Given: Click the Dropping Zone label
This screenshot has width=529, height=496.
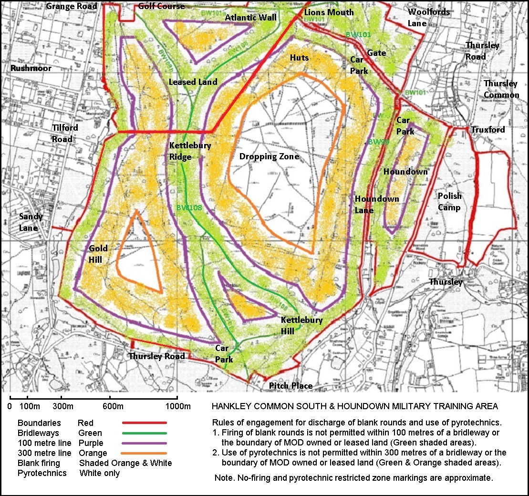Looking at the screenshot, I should click(269, 156).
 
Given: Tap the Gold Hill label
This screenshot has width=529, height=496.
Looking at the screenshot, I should click(98, 254).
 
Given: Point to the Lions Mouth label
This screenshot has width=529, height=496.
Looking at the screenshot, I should click(329, 12).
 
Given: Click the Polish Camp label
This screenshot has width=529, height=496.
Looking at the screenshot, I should click(449, 202).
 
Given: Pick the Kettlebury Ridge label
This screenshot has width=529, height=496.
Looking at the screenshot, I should click(190, 151).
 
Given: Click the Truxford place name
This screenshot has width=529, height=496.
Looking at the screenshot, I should click(488, 130).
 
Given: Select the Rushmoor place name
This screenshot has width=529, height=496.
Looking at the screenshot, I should click(31, 68).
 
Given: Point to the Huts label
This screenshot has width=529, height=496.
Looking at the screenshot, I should click(299, 58).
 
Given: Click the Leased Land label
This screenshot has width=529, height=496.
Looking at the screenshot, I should click(193, 82).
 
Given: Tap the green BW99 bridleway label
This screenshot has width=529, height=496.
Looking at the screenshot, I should click(377, 142).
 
